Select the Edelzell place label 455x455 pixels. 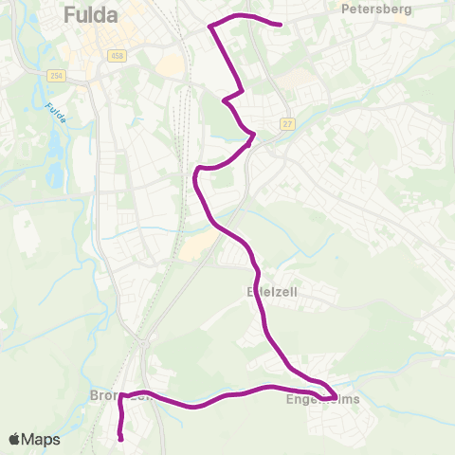tap(272, 292)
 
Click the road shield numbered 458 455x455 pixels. tap(117, 56)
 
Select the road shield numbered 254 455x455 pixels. tap(55, 74)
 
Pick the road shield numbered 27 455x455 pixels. tap(288, 123)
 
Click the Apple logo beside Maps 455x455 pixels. tap(14, 439)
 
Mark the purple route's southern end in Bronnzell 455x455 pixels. tap(120, 437)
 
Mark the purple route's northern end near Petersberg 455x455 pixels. tap(282, 25)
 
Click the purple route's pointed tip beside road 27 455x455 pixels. tap(253, 136)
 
